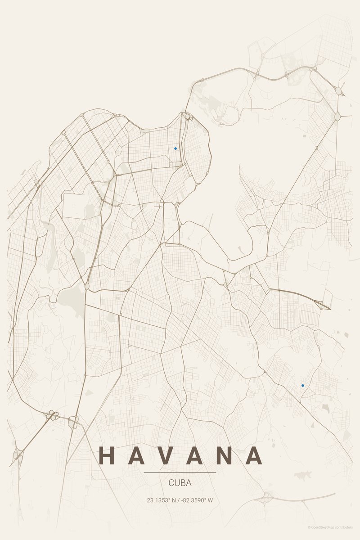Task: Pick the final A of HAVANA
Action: [254, 455]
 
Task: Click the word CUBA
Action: [180, 483]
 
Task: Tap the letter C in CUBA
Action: [171, 483]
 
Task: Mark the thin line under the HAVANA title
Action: [180, 472]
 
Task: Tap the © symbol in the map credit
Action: [309, 527]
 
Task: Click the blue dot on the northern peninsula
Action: [175, 148]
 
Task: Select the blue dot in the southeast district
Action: [303, 385]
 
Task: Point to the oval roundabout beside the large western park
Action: [87, 286]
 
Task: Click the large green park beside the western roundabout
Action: [71, 297]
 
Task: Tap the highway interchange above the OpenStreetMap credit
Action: [265, 498]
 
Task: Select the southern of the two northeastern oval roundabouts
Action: [337, 117]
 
